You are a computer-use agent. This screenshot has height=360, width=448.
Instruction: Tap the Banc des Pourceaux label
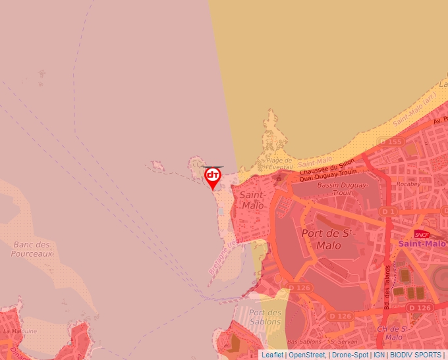click(32, 249)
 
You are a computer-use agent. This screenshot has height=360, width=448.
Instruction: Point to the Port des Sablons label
click(266, 317)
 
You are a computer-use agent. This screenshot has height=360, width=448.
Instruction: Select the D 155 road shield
click(390, 141)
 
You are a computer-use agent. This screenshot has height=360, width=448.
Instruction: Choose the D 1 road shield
click(389, 211)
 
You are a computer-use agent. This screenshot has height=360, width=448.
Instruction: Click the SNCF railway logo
click(422, 234)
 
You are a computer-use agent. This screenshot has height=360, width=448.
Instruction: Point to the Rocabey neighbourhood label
click(408, 185)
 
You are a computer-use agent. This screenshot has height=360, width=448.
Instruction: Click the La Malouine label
click(20, 331)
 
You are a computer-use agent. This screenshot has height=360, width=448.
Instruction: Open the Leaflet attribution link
click(272, 355)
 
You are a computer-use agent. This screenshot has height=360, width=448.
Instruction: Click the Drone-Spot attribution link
click(350, 355)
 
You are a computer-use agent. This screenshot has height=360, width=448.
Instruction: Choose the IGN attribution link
click(379, 355)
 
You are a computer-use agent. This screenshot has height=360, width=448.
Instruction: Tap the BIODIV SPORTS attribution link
click(416, 355)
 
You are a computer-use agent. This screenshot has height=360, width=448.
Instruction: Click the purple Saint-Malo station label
click(422, 244)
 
